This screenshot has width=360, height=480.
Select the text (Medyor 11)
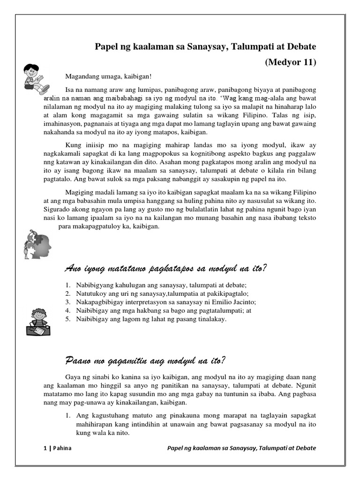click(291, 62)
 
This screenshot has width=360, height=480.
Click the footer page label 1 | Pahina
click(54, 448)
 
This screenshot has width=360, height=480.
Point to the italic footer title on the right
click(241, 448)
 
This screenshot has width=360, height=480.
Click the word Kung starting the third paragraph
click(72, 144)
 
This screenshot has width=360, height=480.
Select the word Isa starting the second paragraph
click(69, 90)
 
